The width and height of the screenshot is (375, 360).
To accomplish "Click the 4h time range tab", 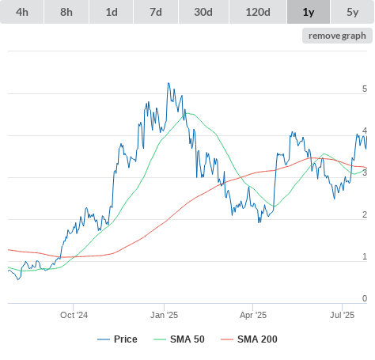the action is pos(22,12).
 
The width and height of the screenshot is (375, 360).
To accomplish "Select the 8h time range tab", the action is pos(66,12).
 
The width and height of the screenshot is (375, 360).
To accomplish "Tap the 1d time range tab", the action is pos(112,12).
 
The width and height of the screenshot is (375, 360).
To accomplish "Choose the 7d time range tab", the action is pos(156,12).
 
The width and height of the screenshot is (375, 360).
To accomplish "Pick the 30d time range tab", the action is pos(203,12).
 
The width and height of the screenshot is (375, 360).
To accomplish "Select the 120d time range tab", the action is pos(258,12).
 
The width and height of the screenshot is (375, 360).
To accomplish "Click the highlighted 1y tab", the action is pos(309,12).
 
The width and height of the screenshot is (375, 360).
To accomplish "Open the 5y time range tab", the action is pos(352,12).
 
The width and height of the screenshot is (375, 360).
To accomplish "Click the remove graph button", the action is pos(337,36).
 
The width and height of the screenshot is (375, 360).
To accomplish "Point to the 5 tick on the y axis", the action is pos(365,89).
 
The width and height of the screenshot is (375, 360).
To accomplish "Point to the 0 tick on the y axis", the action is pos(365,298).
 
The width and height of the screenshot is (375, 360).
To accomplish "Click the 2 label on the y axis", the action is pos(365,214).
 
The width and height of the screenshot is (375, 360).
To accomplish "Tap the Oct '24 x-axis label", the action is pos(74,315).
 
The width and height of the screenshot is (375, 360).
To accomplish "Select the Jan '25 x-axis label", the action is pos(164,315).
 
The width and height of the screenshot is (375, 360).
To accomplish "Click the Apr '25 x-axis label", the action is pos(253,315).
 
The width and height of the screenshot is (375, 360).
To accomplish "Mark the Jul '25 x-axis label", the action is pos(342,315).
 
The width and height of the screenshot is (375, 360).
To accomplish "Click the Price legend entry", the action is pos(117,339).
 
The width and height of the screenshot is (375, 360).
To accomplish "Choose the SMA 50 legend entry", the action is pos(179,339).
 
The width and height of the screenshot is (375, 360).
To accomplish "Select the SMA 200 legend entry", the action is pos(249,339).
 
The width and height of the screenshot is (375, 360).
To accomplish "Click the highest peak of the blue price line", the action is pos(169,83).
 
